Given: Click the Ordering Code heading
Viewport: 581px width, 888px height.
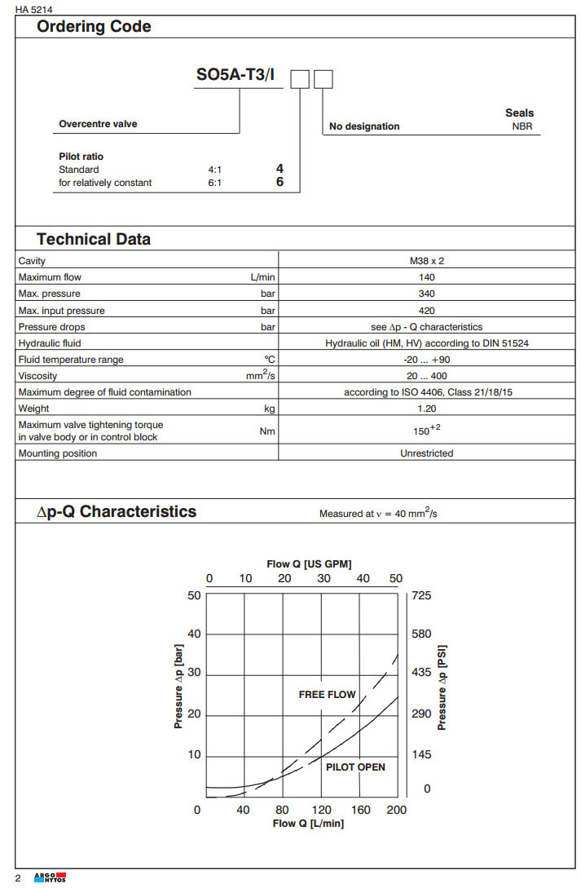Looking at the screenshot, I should point(94,27).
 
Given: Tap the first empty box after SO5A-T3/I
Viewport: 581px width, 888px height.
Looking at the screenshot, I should point(301,79).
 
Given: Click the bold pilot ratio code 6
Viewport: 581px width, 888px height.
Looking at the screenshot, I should point(279,182).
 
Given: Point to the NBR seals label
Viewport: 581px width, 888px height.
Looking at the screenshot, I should point(522,127).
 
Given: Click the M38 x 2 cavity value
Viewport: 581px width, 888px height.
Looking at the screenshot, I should point(426,261).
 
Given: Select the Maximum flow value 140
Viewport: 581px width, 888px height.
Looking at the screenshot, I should point(426,277).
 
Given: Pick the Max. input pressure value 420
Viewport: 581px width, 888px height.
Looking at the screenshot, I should point(426,310).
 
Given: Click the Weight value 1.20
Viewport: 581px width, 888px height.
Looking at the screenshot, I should point(426,408).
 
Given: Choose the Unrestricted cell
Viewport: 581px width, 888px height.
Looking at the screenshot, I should point(426,453).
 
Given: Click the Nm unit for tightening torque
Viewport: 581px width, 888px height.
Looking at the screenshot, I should point(266,431).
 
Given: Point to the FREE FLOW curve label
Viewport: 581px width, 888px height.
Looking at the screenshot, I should point(327,695).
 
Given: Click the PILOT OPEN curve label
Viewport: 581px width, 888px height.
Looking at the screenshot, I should point(355,767).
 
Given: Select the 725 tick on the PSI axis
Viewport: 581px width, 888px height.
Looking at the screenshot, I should point(421,595).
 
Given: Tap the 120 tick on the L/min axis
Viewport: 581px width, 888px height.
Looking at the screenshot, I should point(322,810).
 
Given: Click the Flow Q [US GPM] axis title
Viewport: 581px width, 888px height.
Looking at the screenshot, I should point(309,563).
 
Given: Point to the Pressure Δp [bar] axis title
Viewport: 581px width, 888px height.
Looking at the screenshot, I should point(178,685).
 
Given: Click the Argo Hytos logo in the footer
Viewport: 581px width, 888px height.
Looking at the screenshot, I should point(50,877).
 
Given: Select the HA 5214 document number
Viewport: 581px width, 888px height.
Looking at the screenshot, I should point(33,9).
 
